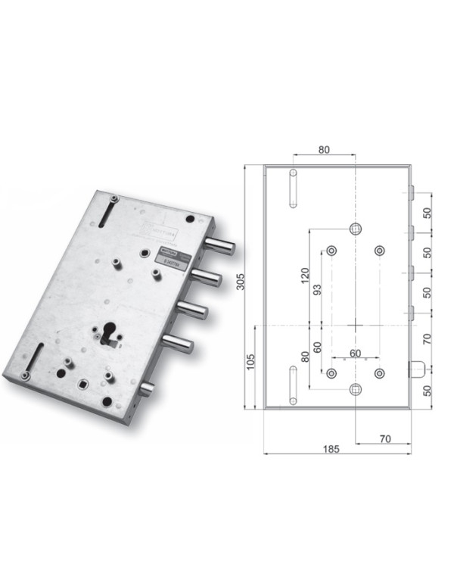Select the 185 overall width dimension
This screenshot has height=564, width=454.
point(329,448)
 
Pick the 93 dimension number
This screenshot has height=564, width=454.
point(316,289)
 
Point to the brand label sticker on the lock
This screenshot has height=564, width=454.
point(169,254)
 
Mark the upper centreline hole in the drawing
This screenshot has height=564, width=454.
point(356,229)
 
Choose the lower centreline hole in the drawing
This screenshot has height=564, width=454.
point(356,389)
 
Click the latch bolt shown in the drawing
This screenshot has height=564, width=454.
point(415,369)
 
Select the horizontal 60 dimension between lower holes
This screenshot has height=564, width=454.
point(355,354)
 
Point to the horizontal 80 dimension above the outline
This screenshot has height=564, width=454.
point(324,150)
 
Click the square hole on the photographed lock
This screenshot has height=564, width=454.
point(78,388)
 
